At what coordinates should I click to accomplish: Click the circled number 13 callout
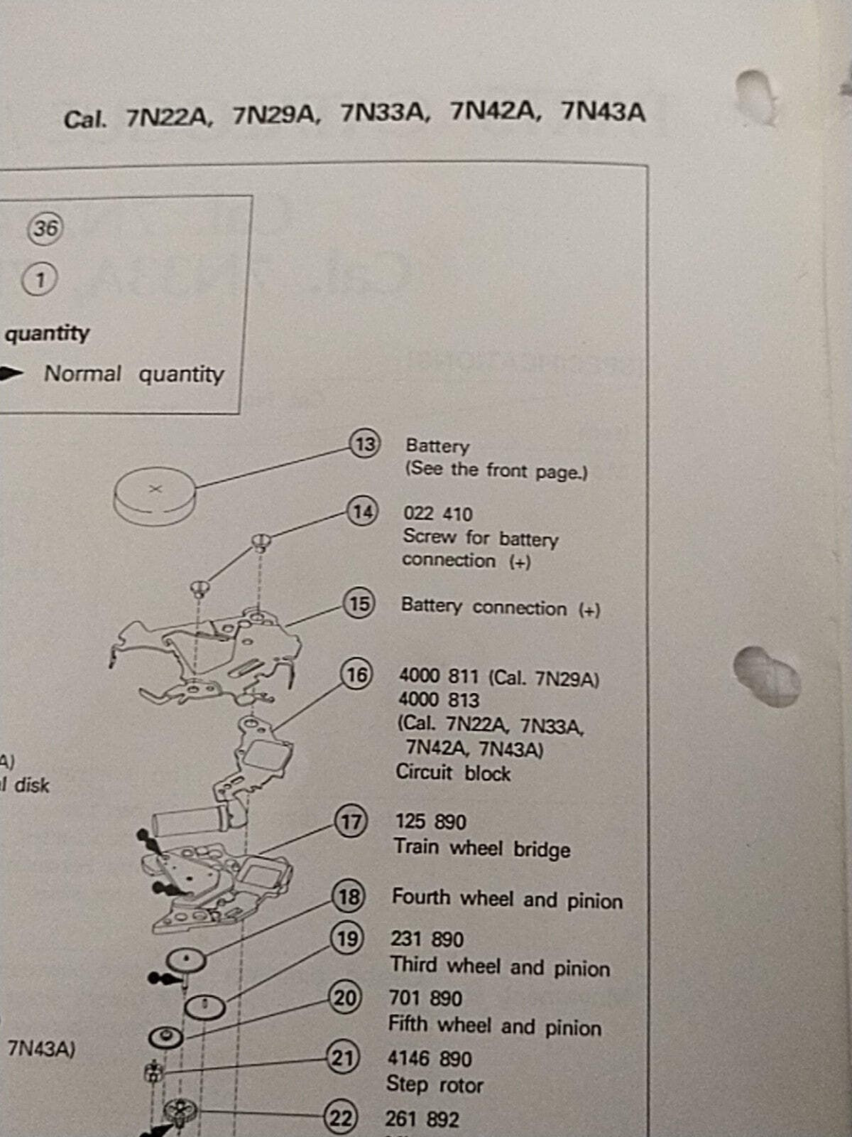pos(364,444)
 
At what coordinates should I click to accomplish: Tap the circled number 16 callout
pos(356,674)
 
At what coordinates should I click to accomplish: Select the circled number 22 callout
pos(340,1119)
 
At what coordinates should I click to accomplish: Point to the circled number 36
pos(45,228)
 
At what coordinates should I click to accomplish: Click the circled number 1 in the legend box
pos(40,279)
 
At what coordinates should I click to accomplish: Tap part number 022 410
pos(437,514)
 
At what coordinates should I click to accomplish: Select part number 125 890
pos(430,821)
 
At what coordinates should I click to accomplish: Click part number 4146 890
pos(429,1059)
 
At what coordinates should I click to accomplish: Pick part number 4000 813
pos(439,700)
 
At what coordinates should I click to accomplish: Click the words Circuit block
pos(453,772)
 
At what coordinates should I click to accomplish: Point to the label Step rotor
pos(435,1085)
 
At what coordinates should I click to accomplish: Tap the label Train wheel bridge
pos(481,848)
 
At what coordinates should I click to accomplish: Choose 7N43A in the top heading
pos(603,112)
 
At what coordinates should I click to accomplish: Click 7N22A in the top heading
pos(168,117)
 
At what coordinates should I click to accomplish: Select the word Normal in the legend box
pos(82,373)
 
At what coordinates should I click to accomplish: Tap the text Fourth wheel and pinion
pos(507,900)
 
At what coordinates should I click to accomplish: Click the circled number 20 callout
pos(345,998)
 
